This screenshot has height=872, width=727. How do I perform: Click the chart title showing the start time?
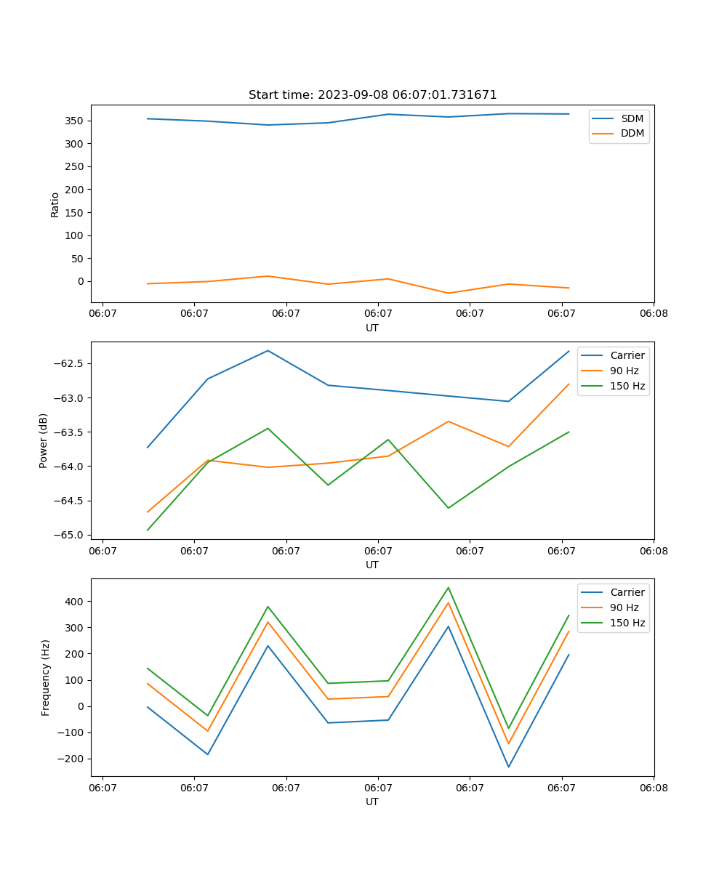pyautogui.click(x=372, y=95)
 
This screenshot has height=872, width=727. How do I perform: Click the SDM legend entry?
pyautogui.click(x=632, y=118)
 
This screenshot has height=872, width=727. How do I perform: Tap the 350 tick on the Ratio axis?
pyautogui.click(x=74, y=121)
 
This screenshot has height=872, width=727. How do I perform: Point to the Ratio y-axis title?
pyautogui.click(x=55, y=205)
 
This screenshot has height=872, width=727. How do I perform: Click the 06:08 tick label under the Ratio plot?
pyautogui.click(x=653, y=314)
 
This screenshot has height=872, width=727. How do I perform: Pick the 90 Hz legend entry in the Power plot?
pyautogui.click(x=624, y=371)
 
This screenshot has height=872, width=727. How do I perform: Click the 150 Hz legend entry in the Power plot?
pyautogui.click(x=627, y=386)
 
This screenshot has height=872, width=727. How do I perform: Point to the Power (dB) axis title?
pyautogui.click(x=44, y=440)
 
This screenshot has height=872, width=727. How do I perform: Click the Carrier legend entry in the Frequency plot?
pyautogui.click(x=627, y=592)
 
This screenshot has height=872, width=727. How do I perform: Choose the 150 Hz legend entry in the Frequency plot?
pyautogui.click(x=627, y=623)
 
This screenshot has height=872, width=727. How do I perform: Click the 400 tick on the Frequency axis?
pyautogui.click(x=76, y=602)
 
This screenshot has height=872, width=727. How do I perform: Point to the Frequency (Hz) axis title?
pyautogui.click(x=46, y=677)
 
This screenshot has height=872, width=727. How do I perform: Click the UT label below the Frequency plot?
pyautogui.click(x=372, y=802)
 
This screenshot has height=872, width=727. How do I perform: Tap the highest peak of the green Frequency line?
pyautogui.click(x=449, y=587)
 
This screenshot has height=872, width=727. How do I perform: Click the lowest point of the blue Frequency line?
pyautogui.click(x=508, y=767)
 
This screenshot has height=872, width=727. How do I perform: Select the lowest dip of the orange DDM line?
pyautogui.click(x=448, y=294)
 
